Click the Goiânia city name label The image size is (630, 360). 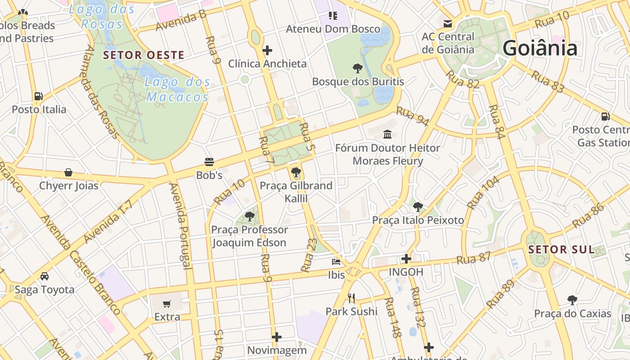[540, 48]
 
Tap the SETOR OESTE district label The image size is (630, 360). [144, 55]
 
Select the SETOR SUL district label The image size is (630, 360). [561, 250]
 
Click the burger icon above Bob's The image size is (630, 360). [209, 162]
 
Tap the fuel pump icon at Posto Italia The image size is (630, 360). [39, 96]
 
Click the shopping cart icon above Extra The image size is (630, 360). [167, 304]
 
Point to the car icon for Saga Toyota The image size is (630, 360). [44, 276]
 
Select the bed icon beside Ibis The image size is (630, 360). [336, 261]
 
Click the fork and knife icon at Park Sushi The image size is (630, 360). [351, 298]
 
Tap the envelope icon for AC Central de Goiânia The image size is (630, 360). [448, 24]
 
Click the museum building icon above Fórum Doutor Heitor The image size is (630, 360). [387, 134]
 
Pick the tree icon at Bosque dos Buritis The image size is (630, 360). [358, 68]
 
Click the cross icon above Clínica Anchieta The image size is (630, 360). [267, 50]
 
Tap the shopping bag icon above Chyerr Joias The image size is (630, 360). [68, 172]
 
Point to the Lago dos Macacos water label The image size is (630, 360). [178, 89]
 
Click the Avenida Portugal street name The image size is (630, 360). [180, 226]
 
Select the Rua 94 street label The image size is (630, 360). [413, 117]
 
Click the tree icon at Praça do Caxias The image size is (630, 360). [572, 300]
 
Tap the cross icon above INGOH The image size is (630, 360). [406, 259]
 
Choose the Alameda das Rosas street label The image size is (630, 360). [101, 92]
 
